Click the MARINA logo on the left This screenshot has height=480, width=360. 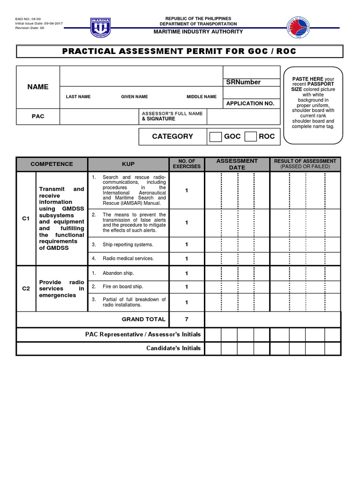(x=100, y=28)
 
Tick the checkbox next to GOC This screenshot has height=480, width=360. (x=216, y=136)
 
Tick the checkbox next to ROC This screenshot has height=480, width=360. (x=251, y=136)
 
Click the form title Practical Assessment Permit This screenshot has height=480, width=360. (x=180, y=51)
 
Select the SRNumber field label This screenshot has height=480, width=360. (x=243, y=82)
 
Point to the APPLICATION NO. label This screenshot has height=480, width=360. (x=250, y=103)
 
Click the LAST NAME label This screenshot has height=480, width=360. (x=78, y=97)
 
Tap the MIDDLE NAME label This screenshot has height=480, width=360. (x=202, y=97)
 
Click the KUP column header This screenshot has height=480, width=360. (x=128, y=164)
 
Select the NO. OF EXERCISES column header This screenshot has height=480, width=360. (x=187, y=164)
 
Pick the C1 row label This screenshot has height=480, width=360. (x=26, y=218)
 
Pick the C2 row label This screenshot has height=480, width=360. (x=26, y=289)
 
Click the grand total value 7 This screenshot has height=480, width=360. (x=187, y=319)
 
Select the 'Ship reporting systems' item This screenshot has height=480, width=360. (x=128, y=245)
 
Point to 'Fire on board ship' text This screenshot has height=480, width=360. (x=123, y=286)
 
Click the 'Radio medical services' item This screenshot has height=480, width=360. (x=128, y=258)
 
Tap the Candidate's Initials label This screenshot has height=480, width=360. (x=173, y=348)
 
